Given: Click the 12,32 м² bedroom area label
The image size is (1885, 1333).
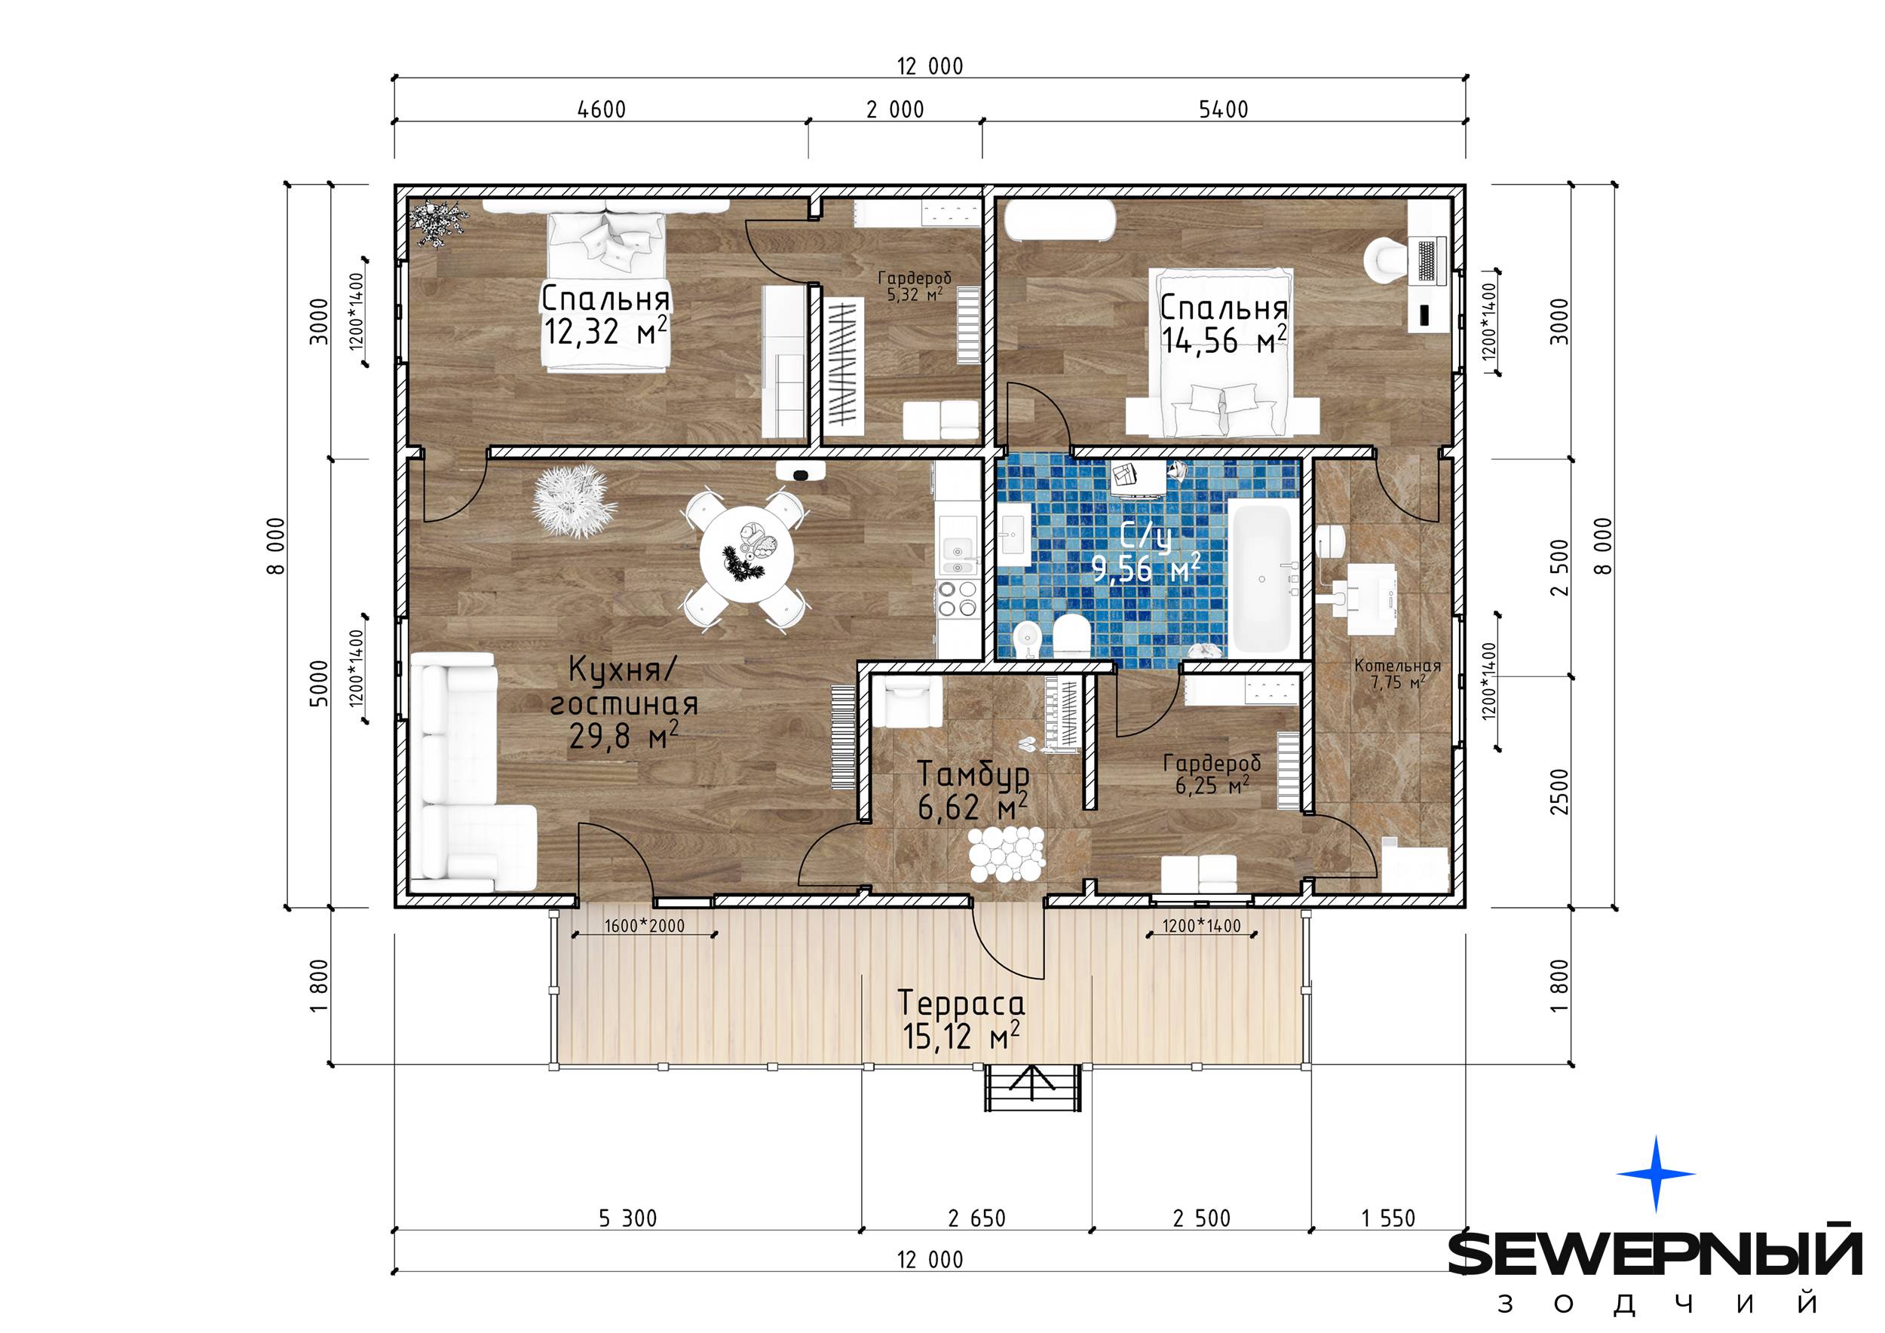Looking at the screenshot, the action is pyautogui.click(x=605, y=332).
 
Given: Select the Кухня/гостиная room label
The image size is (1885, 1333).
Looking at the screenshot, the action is pyautogui.click(x=624, y=687).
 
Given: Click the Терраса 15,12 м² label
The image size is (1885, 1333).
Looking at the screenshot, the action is pyautogui.click(x=961, y=1019).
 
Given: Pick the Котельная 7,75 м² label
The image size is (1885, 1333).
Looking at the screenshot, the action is pyautogui.click(x=1397, y=673).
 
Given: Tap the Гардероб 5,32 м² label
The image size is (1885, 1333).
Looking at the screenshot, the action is pyautogui.click(x=914, y=287).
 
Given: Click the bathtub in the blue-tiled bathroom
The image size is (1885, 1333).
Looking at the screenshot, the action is pyautogui.click(x=1264, y=580).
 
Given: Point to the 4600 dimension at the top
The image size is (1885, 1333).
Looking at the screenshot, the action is pyautogui.click(x=602, y=109).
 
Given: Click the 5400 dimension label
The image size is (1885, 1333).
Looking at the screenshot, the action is pyautogui.click(x=1223, y=109).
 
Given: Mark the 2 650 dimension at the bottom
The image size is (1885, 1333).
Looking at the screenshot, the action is pyautogui.click(x=977, y=1218).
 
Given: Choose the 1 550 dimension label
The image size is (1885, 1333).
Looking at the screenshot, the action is pyautogui.click(x=1389, y=1218).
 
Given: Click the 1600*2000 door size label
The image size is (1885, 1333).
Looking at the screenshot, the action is pyautogui.click(x=645, y=926).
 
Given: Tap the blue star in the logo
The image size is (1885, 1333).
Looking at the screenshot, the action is pyautogui.click(x=1656, y=1174).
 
